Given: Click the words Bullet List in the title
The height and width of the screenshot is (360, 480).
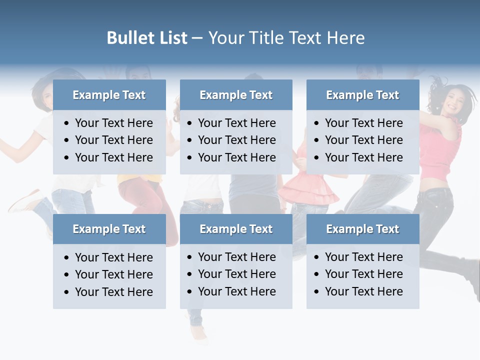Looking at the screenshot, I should pyautogui.click(x=147, y=38).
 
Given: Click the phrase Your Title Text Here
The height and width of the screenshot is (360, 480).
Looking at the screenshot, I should pyautogui.click(x=286, y=38).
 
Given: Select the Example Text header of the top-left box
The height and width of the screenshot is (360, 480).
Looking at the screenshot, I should pyautogui.click(x=109, y=95).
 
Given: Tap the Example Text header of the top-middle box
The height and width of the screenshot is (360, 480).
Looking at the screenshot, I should pyautogui.click(x=236, y=95).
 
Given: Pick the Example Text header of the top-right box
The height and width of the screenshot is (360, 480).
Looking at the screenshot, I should pyautogui.click(x=362, y=95).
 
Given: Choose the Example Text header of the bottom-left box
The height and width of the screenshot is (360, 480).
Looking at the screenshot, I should pyautogui.click(x=109, y=229).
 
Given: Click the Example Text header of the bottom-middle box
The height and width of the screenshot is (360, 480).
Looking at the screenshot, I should pyautogui.click(x=236, y=229).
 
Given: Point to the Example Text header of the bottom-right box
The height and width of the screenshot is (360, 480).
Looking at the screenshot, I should pyautogui.click(x=362, y=229).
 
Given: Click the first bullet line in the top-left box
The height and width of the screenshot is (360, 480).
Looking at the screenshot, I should pyautogui.click(x=113, y=123).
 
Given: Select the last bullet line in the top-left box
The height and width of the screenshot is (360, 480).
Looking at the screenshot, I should pyautogui.click(x=113, y=157).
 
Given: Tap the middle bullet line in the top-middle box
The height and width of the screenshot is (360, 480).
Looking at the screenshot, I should pyautogui.click(x=236, y=140).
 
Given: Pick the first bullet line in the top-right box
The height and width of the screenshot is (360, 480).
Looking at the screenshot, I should pyautogui.click(x=363, y=123).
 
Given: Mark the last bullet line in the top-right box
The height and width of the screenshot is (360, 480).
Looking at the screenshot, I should pyautogui.click(x=363, y=157).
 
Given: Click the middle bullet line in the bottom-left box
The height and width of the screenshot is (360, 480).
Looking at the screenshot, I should pyautogui.click(x=113, y=274).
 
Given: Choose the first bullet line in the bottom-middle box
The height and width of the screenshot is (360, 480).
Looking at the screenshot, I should pyautogui.click(x=236, y=257).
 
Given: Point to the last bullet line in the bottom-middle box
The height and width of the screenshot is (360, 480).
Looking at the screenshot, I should pyautogui.click(x=236, y=291).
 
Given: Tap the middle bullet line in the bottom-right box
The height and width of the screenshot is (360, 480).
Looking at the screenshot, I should pyautogui.click(x=363, y=274).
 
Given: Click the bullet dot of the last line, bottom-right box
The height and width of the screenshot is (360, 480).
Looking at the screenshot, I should pyautogui.click(x=316, y=291).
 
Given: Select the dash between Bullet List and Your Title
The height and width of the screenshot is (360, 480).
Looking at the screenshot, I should pyautogui.click(x=197, y=38).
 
